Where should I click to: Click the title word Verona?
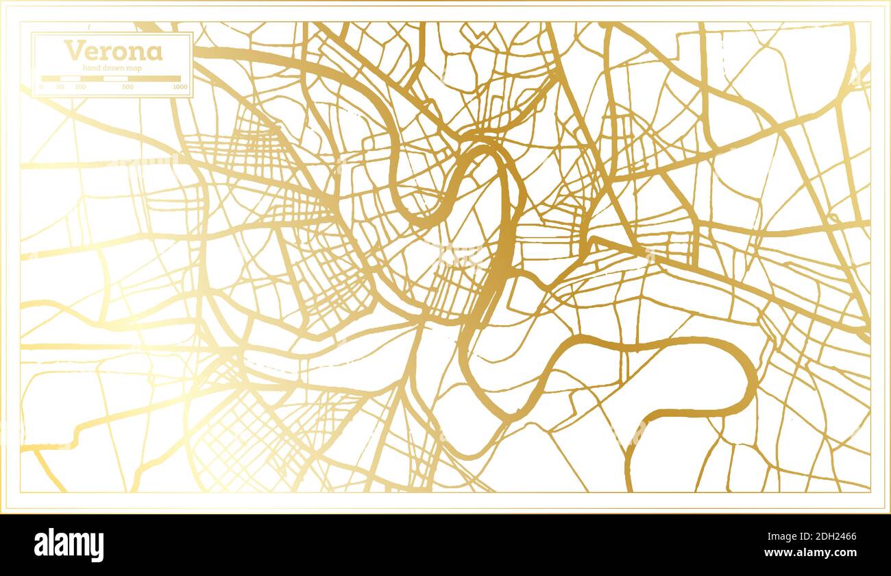tap(113, 51)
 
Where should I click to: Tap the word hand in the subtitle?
tap(91, 67)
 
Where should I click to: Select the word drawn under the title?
tap(110, 67)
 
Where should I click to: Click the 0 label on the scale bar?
tap(41, 87)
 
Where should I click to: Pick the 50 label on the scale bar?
tap(60, 87)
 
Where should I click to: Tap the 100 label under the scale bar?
tap(80, 87)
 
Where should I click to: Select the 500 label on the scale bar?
tap(127, 87)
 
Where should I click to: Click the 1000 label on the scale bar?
tap(180, 87)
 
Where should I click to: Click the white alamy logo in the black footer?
tap(69, 545)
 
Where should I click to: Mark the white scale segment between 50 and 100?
tap(71, 79)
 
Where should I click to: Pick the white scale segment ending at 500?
tap(115, 79)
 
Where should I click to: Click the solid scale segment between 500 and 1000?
tap(154, 79)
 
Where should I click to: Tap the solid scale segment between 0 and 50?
tap(51, 79)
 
